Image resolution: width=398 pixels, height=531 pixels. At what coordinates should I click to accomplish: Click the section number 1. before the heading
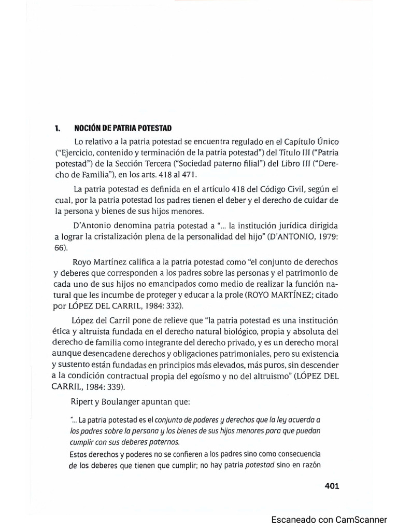tap(58, 128)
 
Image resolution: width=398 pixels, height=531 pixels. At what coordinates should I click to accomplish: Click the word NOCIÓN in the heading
tap(88, 128)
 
